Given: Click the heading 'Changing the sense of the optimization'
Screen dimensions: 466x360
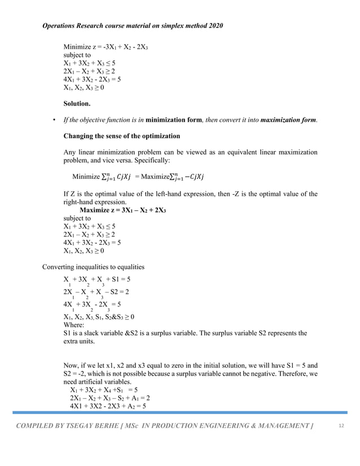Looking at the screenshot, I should tap(122, 136).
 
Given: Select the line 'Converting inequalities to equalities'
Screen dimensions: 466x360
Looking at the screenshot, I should tap(94, 267).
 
